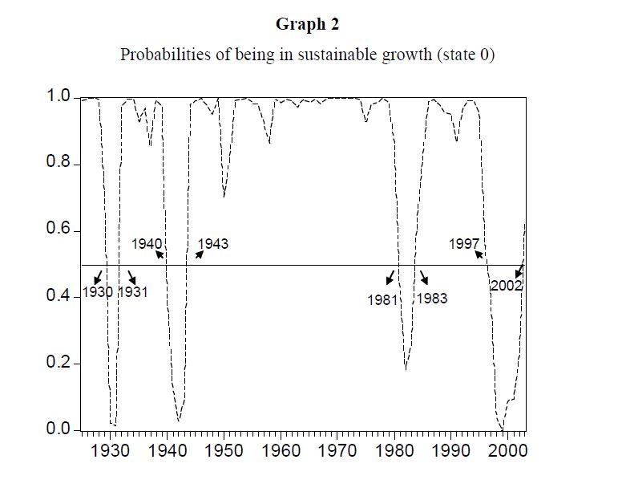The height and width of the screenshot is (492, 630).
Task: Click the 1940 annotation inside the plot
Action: click(x=147, y=244)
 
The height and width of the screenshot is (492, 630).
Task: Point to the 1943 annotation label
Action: click(x=212, y=244)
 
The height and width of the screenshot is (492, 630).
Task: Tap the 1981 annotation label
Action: click(x=383, y=299)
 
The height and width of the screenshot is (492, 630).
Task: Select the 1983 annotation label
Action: click(x=432, y=299)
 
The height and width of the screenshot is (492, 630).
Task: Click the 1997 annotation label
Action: click(x=464, y=244)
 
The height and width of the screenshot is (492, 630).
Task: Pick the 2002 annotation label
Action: click(x=507, y=285)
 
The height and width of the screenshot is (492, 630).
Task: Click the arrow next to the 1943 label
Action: click(x=200, y=254)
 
